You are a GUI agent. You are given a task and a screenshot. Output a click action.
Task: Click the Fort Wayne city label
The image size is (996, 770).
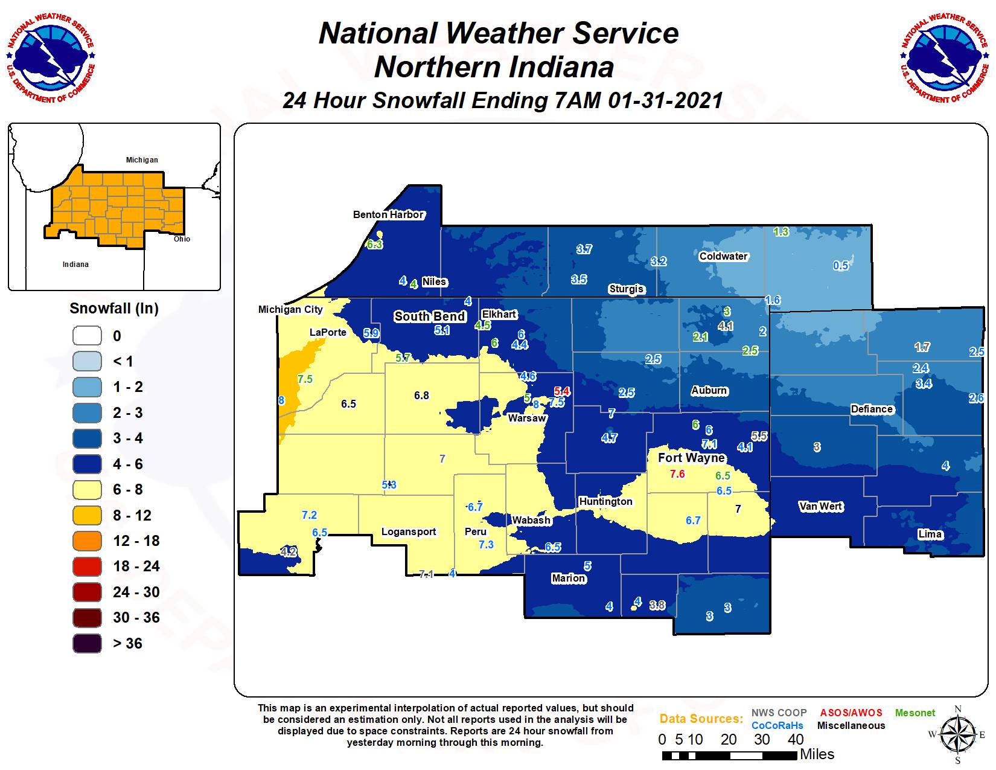(x=691, y=458)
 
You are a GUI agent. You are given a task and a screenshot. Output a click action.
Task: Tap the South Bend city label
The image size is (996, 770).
(x=430, y=316)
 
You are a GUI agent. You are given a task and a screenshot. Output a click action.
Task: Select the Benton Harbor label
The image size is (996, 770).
(x=388, y=214)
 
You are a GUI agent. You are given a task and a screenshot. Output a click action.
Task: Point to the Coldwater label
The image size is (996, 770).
(x=723, y=256)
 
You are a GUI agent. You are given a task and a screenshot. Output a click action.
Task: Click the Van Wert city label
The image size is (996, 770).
(x=820, y=506)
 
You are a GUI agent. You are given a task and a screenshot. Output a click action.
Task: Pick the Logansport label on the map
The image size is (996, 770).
(x=409, y=531)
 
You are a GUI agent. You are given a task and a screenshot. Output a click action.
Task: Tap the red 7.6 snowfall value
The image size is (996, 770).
(x=677, y=474)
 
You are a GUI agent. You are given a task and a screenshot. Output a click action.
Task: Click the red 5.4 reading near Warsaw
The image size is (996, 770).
(x=561, y=391)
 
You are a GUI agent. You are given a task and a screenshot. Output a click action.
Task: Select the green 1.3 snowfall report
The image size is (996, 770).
(x=781, y=231)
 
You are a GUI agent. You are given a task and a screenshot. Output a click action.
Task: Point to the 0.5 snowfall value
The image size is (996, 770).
(x=841, y=266)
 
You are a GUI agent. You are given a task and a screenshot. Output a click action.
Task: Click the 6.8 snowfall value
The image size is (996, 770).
(x=421, y=396)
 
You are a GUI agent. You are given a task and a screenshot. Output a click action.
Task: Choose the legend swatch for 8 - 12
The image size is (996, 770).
(x=87, y=515)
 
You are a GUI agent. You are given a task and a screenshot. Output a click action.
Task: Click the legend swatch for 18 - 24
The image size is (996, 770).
(x=87, y=566)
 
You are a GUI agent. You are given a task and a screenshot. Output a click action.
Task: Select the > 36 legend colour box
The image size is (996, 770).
(x=87, y=643)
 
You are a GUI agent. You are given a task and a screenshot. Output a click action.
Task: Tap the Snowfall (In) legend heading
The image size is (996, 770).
(x=114, y=309)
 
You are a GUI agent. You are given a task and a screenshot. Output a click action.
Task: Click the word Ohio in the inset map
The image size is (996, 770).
(x=182, y=239)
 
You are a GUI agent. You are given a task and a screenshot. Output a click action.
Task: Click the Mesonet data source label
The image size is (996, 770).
(x=915, y=713)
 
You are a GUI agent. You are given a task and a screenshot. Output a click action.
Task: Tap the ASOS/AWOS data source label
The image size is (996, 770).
(x=851, y=713)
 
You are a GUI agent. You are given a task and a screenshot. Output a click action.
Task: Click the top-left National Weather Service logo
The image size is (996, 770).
(x=51, y=57)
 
